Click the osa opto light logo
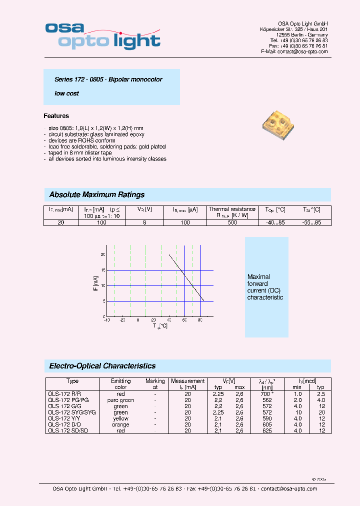(102, 35)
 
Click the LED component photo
(277, 125)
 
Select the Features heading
(56, 116)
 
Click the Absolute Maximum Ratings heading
(97, 194)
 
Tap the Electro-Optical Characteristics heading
(102, 366)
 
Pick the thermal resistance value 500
(232, 222)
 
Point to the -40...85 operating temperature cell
(275, 222)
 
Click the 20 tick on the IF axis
(103, 254)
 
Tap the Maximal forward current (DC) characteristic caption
(265, 287)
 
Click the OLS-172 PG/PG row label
(68, 400)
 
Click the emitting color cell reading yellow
(121, 418)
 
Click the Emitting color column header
(121, 384)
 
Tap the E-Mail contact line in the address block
(294, 51)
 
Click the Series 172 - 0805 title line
(108, 79)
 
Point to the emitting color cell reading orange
(121, 424)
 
